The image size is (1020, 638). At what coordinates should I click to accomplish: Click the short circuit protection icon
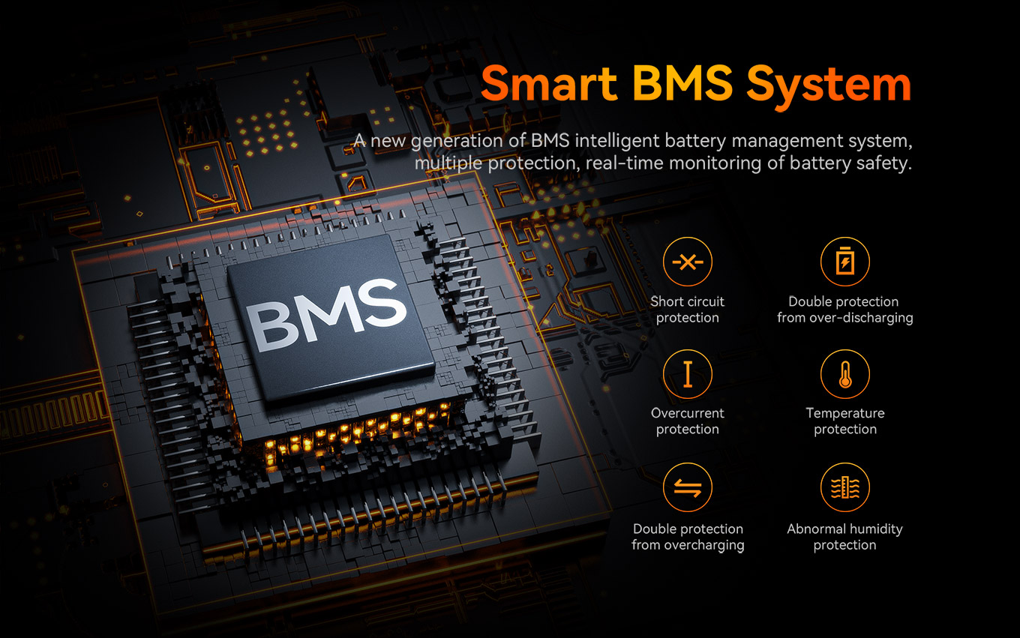(687, 262)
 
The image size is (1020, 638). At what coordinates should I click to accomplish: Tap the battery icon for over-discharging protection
(844, 262)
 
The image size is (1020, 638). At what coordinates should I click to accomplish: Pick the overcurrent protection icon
(687, 373)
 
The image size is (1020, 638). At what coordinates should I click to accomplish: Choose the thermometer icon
(844, 373)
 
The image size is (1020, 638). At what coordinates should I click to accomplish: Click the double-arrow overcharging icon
(687, 488)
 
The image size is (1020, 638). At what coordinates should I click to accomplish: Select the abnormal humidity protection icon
(844, 488)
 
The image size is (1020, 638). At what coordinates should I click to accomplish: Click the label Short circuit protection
(687, 310)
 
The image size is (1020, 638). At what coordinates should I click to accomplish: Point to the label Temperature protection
(844, 421)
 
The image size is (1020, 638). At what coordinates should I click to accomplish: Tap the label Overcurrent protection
(687, 421)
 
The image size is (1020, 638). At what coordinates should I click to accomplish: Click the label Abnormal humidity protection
(844, 537)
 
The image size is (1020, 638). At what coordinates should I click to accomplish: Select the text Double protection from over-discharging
(844, 310)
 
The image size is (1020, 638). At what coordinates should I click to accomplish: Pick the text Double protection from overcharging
(687, 537)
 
